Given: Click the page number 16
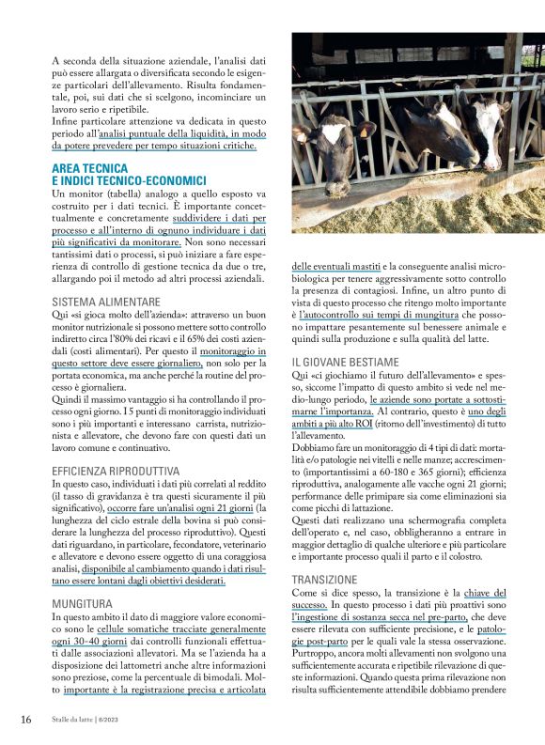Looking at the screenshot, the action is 26,719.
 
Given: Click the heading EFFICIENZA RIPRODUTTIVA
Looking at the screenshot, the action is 116,468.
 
